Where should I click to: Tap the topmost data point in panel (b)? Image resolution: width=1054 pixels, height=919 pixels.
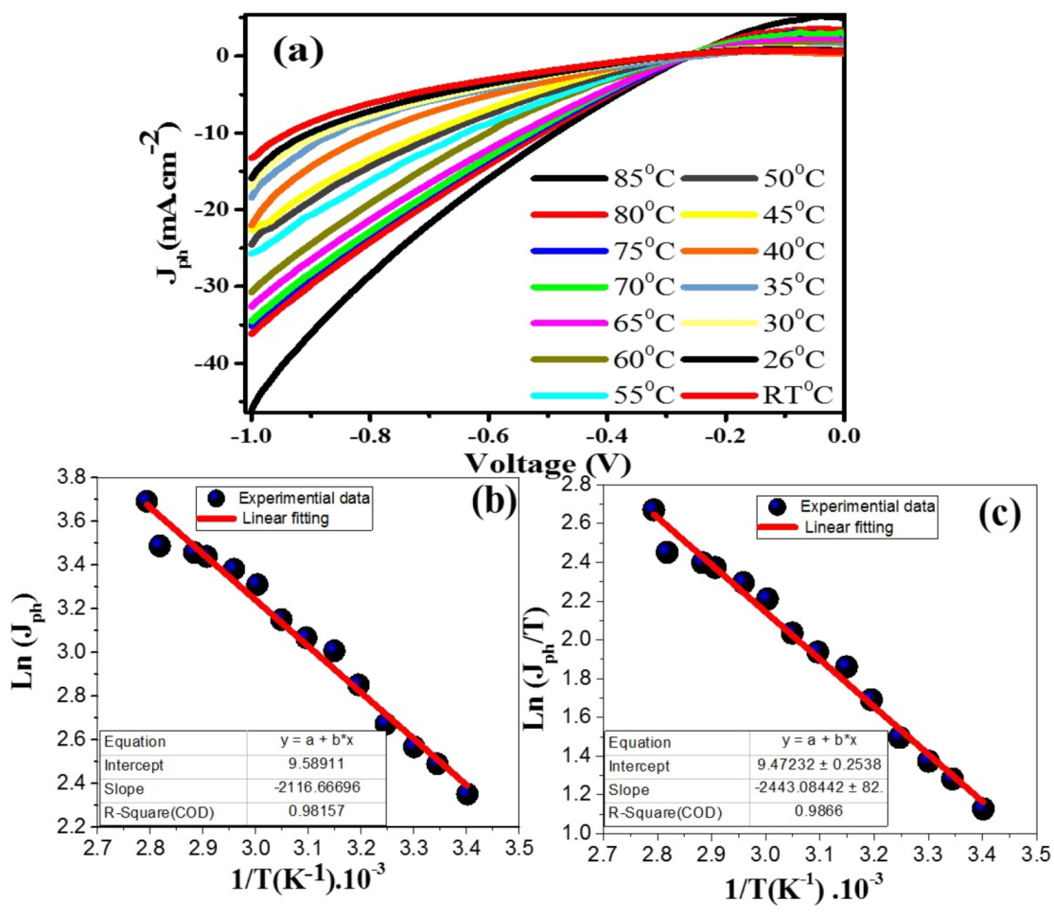coord(146,501)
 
